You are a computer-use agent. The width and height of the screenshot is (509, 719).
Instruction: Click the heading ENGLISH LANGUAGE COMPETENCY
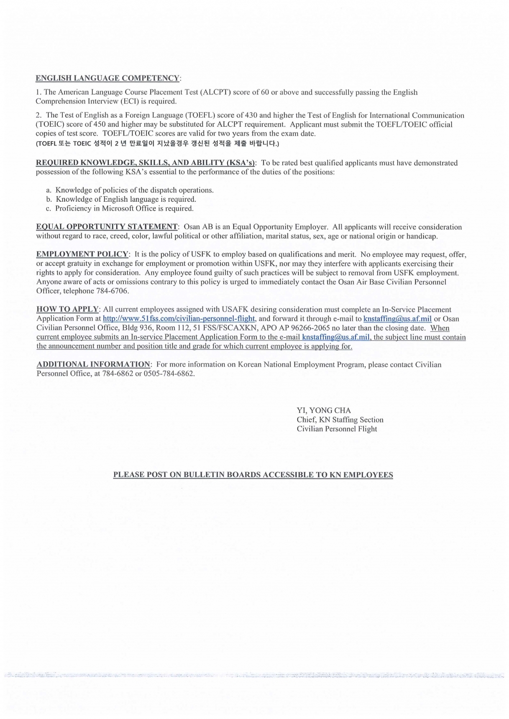108,78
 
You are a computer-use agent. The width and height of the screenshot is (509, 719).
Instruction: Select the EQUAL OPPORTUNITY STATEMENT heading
107,227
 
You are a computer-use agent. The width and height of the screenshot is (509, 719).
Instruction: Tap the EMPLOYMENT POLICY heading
83,254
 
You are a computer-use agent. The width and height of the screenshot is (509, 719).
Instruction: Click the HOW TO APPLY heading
68,310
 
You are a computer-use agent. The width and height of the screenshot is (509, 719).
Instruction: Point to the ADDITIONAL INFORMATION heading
93,364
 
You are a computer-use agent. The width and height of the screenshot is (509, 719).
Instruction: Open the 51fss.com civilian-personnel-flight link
179,319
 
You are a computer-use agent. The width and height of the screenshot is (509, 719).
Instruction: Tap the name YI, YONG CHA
324,410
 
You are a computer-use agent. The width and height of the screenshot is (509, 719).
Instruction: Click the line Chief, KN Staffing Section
340,420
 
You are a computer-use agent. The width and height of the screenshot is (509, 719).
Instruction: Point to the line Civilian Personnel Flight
337,429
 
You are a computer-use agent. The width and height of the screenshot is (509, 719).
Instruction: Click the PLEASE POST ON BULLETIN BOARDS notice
253,475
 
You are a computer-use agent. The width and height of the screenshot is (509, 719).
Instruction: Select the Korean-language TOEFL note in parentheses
158,144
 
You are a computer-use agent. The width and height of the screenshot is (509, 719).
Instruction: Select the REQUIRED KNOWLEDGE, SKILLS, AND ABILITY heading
146,163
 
